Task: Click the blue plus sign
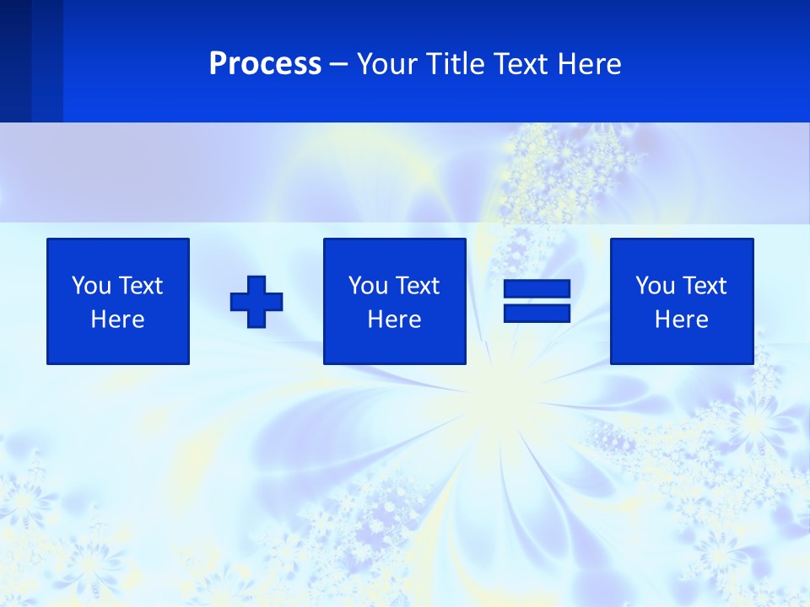click(256, 301)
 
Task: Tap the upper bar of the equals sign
click(537, 289)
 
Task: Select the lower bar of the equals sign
click(537, 313)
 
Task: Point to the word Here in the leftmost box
click(118, 320)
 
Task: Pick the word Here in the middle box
click(395, 320)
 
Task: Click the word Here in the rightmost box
click(682, 320)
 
